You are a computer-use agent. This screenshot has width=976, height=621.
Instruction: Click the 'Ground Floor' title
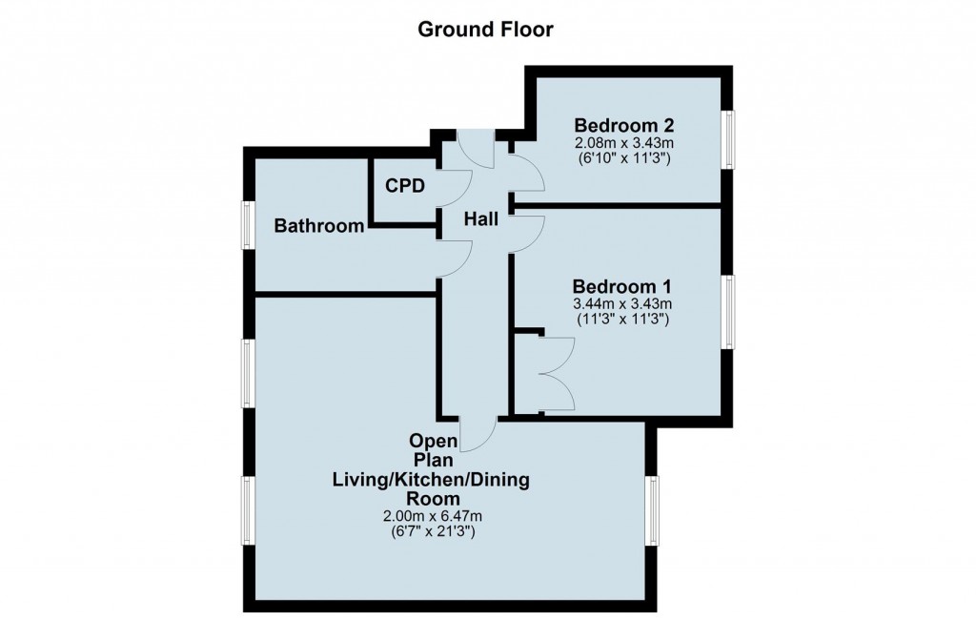[x=486, y=30]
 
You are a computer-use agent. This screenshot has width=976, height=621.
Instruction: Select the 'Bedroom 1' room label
[x=621, y=286]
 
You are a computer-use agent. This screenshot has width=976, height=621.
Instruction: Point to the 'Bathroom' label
[x=319, y=226]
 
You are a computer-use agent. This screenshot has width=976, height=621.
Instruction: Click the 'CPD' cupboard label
[x=405, y=185]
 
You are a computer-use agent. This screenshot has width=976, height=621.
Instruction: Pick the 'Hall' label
[x=481, y=219]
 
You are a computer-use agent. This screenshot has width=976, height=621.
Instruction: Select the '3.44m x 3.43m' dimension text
[x=621, y=304]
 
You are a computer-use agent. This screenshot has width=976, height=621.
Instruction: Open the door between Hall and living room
[x=478, y=433]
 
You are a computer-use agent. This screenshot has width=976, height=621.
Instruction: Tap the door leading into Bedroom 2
[x=526, y=172]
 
